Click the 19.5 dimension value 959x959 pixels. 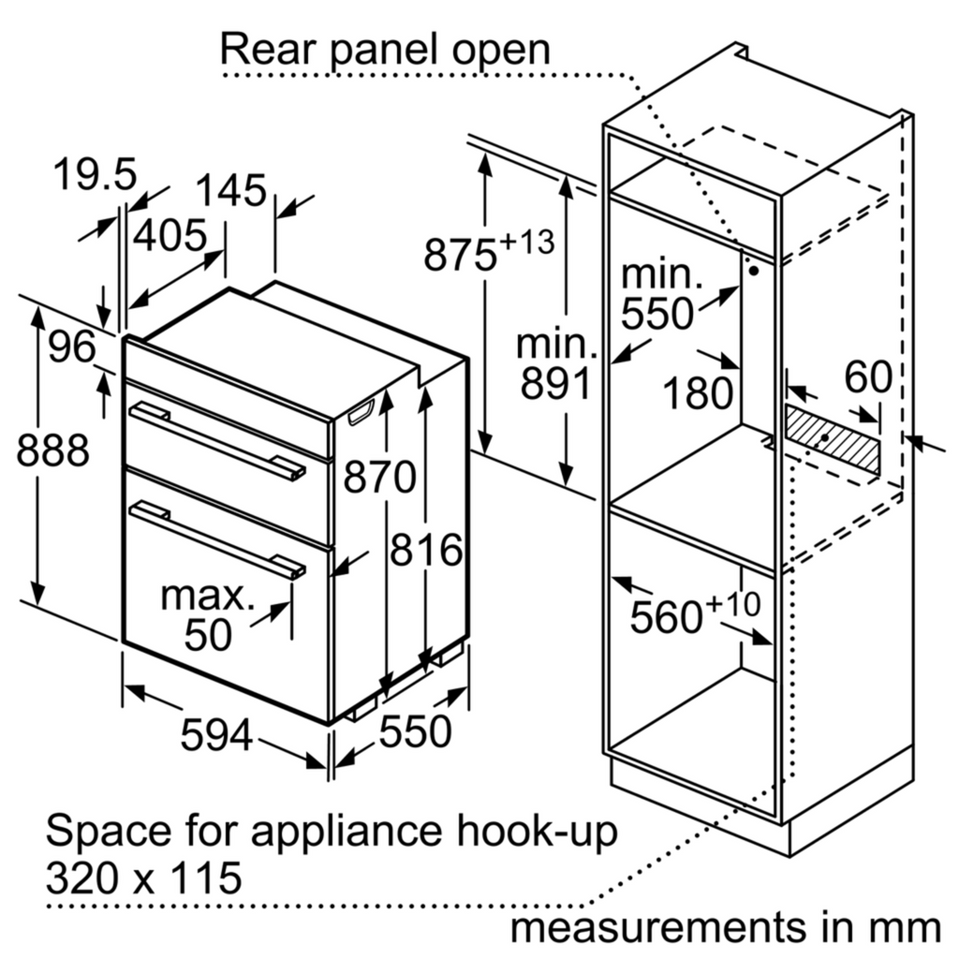coord(95,175)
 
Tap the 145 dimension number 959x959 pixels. coord(231,191)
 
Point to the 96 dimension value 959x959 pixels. coord(72,348)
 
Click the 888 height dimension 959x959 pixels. coord(53,451)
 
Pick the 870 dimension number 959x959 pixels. coord(378,478)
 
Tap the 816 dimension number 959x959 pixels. coord(427,551)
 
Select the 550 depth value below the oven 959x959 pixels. coord(415,731)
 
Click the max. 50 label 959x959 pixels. coord(207,615)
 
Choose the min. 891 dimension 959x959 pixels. coord(556,365)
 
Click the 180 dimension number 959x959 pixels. coord(698,393)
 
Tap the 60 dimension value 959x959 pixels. coord(867,376)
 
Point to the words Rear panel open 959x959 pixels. coord(385,49)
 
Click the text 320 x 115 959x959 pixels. coord(143,878)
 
